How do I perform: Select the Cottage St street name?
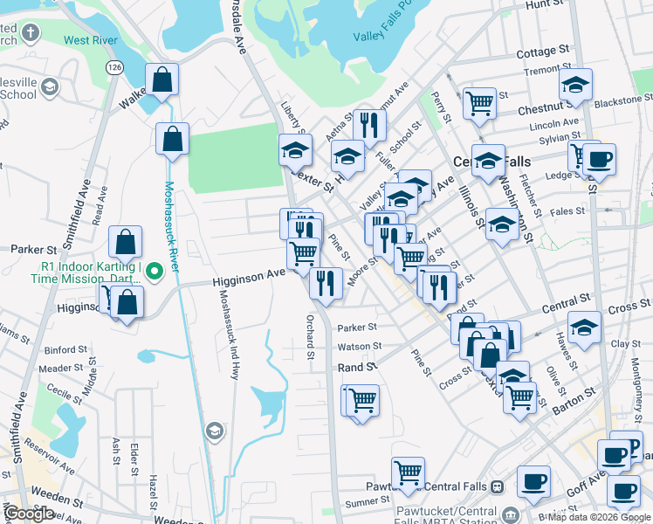point(542,53)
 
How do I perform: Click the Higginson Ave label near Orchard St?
point(249,274)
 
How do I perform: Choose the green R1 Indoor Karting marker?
point(154,272)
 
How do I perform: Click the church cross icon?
point(31,33)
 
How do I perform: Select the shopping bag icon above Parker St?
point(126,242)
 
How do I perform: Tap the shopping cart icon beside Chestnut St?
point(479,102)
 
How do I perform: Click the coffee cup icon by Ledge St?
point(599,159)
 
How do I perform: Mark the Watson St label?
point(357,347)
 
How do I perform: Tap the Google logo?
point(29,514)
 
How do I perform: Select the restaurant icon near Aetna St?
point(370,125)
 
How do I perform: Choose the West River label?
point(92,40)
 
